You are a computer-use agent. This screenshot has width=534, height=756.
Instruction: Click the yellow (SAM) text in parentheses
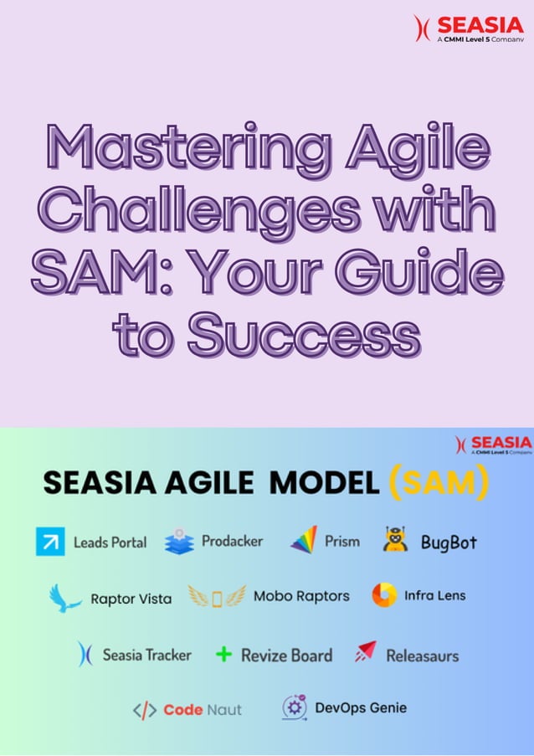click(x=439, y=482)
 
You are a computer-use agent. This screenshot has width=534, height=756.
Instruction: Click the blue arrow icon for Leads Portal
click(x=50, y=542)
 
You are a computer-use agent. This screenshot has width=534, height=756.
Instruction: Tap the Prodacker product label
click(x=232, y=541)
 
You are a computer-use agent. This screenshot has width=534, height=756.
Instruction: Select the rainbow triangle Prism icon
click(x=304, y=540)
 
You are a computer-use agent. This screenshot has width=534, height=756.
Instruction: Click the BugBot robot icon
click(x=396, y=541)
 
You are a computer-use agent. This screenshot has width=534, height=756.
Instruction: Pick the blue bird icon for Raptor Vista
click(x=64, y=598)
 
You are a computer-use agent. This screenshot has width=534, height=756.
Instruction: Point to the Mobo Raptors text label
click(x=301, y=597)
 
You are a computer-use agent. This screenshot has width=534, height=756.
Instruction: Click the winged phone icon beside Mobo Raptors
click(x=217, y=597)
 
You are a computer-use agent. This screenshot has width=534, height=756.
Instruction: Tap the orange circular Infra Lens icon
click(x=384, y=595)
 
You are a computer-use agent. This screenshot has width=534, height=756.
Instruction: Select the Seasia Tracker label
click(x=146, y=655)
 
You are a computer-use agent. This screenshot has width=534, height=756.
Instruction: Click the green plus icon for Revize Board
click(x=223, y=654)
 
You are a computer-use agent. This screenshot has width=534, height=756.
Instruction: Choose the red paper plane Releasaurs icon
click(x=365, y=652)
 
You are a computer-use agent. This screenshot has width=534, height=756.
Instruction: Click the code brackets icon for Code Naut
click(x=145, y=710)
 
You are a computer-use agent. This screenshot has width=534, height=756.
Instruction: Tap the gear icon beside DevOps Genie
click(x=294, y=707)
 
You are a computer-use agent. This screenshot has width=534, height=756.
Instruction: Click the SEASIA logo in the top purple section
click(x=469, y=28)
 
